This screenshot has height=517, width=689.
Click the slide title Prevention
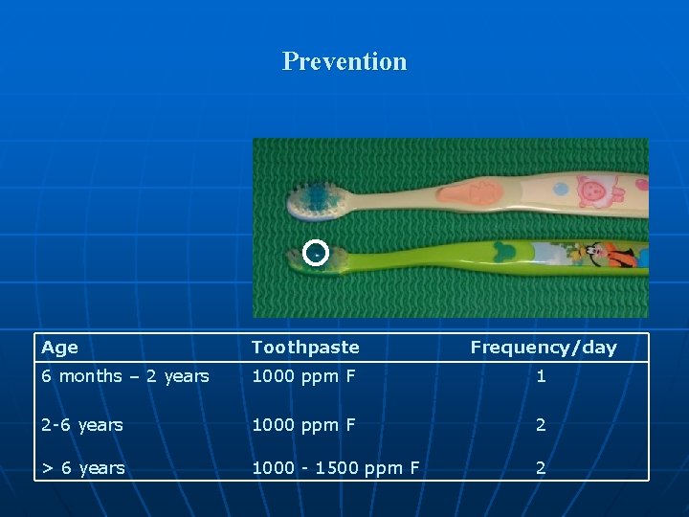344,61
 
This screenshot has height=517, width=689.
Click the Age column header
59,348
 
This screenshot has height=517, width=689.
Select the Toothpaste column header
305,348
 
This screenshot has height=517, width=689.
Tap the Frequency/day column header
543,348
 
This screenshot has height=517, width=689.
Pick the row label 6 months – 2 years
124,376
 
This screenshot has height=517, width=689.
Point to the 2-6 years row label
81,424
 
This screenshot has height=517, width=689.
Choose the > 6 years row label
82,468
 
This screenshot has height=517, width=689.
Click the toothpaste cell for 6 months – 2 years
303,376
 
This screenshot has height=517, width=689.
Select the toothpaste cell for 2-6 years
303,424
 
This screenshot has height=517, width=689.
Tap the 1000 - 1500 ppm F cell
335,468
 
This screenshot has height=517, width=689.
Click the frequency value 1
541,376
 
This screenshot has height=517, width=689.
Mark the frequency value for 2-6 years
541,424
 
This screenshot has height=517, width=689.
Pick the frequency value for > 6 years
541,468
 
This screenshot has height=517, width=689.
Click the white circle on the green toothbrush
315,253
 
